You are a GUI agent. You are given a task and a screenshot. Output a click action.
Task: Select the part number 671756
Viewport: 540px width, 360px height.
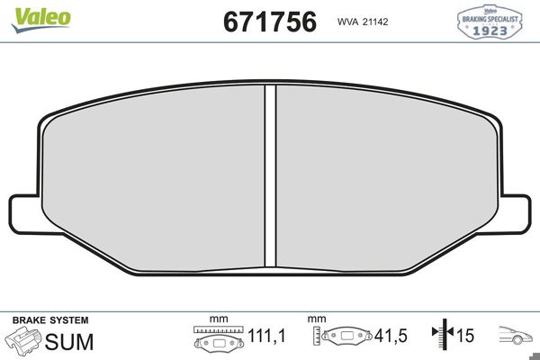(x=269, y=22)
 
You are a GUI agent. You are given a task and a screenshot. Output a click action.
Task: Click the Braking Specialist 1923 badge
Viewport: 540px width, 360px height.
(x=490, y=22)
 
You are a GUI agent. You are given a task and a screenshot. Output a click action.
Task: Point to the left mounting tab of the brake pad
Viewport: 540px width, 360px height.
(x=25, y=213)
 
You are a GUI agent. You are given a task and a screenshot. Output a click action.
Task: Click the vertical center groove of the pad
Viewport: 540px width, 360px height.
(x=269, y=175)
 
